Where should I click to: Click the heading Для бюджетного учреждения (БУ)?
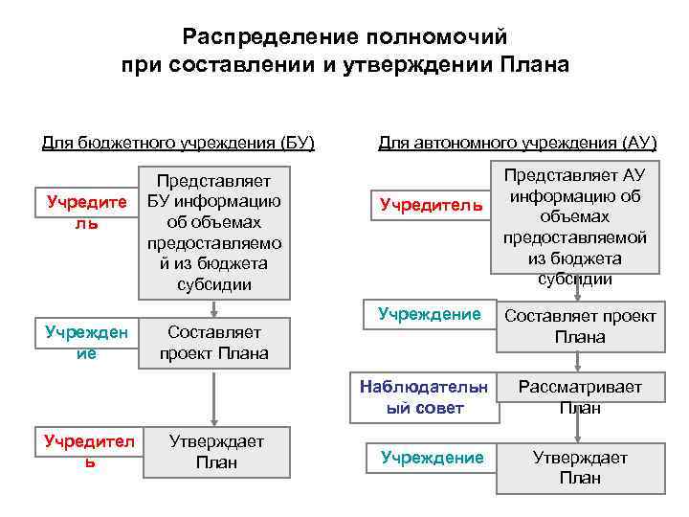click(178, 144)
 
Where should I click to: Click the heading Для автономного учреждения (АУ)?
click(518, 144)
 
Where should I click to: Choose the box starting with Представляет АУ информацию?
click(575, 227)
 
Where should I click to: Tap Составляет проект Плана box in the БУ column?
click(214, 342)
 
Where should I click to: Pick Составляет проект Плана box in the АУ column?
click(580, 326)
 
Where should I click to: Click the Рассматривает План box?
click(580, 397)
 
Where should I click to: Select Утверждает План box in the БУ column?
click(216, 451)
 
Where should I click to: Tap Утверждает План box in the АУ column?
click(580, 468)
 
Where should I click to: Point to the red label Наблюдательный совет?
click(424, 397)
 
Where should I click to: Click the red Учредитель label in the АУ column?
click(431, 204)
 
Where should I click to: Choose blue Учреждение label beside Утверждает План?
click(432, 458)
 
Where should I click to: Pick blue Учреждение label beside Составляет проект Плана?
click(430, 313)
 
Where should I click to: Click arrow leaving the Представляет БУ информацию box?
click(214, 307)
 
